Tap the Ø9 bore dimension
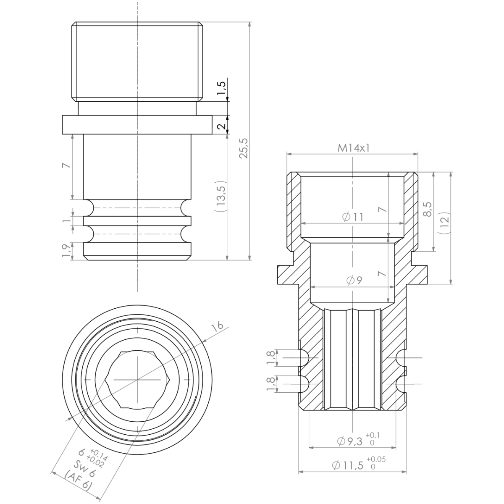point(354,281)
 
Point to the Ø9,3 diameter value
point(349,441)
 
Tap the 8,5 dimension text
point(428,208)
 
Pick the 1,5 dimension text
point(222,89)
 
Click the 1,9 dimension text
point(66,251)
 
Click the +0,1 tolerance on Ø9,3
point(373,435)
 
